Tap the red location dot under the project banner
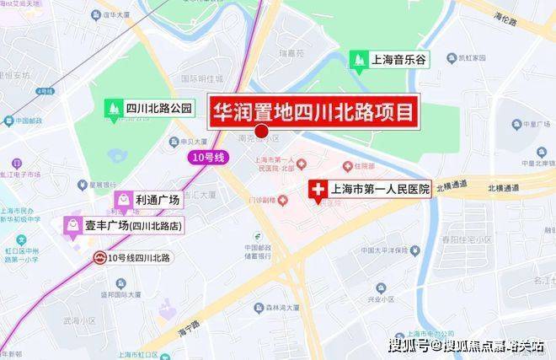pyautogui.click(x=261, y=132)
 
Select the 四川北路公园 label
pyautogui.click(x=160, y=108)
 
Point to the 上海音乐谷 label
pyautogui.click(x=403, y=60)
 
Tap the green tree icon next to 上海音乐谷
pyautogui.click(x=359, y=60)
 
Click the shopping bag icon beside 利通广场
pyautogui.click(x=123, y=200)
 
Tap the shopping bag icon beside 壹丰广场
pyautogui.click(x=71, y=225)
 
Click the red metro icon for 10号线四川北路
pyautogui.click(x=99, y=256)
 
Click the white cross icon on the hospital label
pyautogui.click(x=318, y=191)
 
